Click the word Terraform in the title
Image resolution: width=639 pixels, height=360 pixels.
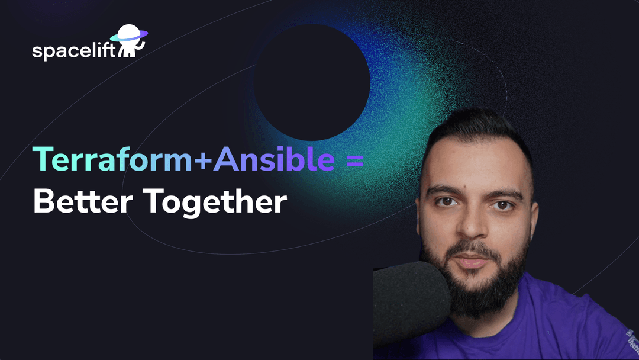112,159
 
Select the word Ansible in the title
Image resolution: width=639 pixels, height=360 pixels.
275,159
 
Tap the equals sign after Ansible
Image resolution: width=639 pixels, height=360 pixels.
354,160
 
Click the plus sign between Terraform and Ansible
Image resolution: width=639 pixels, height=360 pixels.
202,160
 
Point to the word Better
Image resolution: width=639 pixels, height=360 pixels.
83,201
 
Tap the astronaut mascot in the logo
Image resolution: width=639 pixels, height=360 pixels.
130,41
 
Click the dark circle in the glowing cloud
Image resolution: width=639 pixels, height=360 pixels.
312,82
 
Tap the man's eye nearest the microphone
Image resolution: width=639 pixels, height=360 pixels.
447,201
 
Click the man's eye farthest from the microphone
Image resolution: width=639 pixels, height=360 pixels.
502,205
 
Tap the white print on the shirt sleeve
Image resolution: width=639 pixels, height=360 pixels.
632,339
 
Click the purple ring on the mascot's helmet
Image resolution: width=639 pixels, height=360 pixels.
129,37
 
